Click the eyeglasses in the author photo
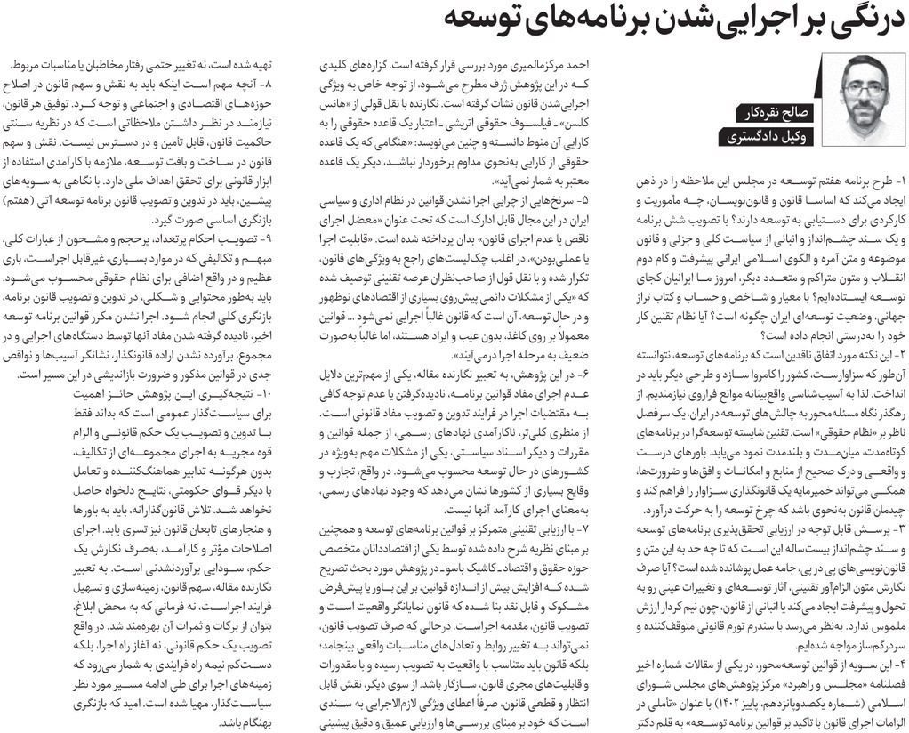[x=861, y=92]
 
